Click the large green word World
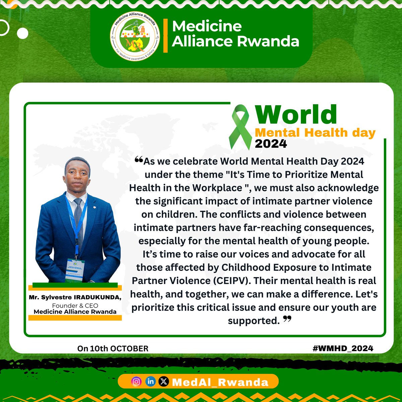(x=296, y=115)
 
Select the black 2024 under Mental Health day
(x=271, y=143)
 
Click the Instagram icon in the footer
(x=136, y=382)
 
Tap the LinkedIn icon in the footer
(x=150, y=382)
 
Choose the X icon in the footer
(x=163, y=382)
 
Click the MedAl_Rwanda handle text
(x=220, y=382)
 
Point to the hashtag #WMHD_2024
(x=343, y=348)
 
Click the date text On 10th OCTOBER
(x=113, y=348)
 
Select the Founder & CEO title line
(x=75, y=305)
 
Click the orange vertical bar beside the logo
(x=165, y=36)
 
